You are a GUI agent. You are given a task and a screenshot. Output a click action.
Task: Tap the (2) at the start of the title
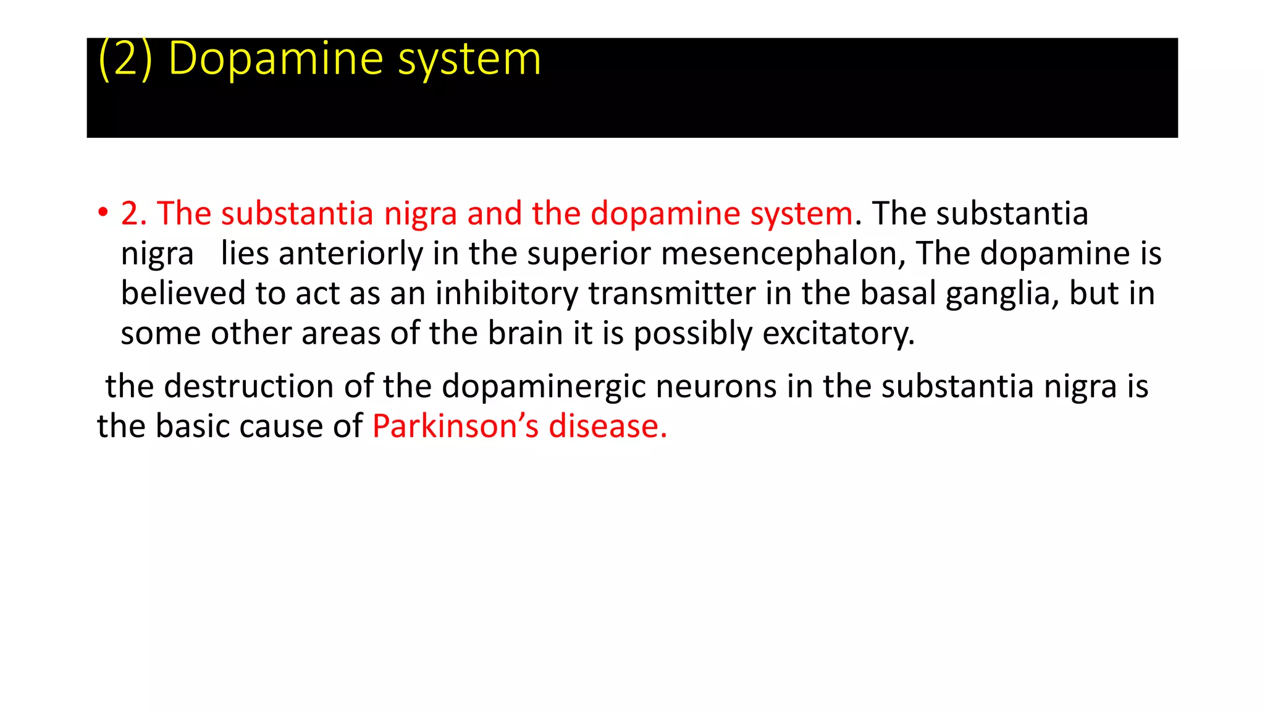coord(125,59)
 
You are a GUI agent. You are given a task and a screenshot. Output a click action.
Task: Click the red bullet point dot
coord(103,213)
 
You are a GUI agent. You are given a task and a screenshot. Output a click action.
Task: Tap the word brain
coord(525,333)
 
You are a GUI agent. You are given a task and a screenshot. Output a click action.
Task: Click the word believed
coord(183,294)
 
